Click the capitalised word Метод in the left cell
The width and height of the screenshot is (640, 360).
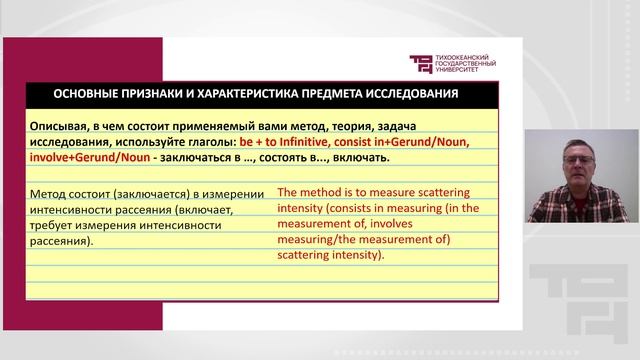pos(50,194)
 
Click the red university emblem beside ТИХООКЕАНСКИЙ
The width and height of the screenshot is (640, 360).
pos(422,63)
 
